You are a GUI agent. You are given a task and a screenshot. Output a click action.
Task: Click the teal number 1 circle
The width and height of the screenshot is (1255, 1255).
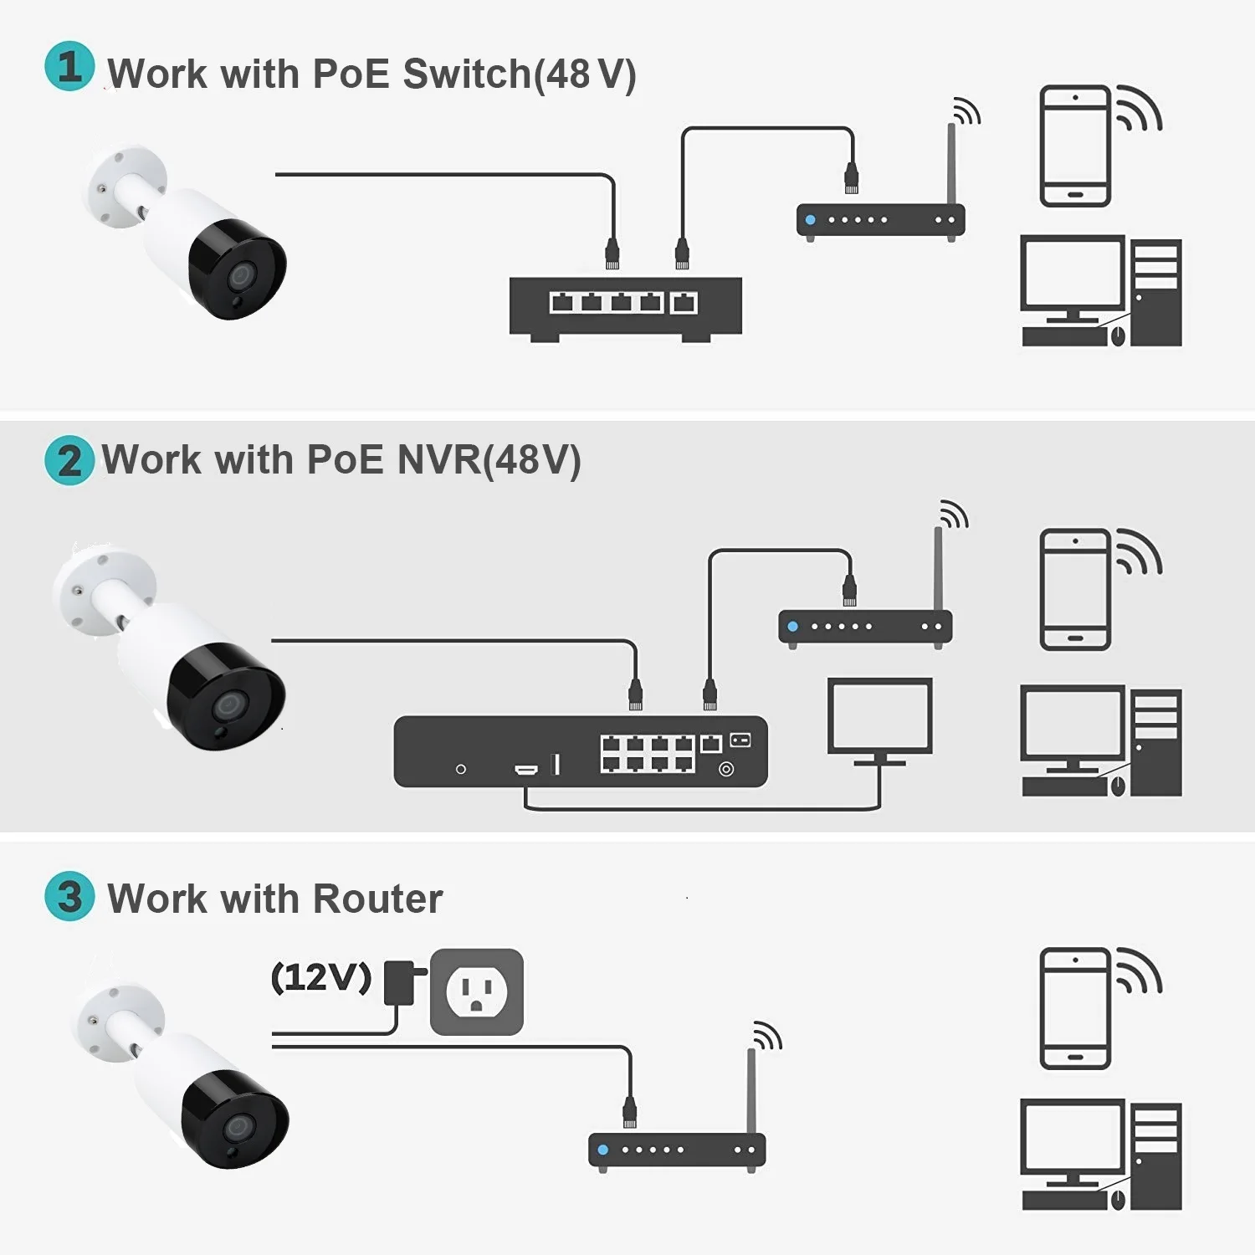click(69, 66)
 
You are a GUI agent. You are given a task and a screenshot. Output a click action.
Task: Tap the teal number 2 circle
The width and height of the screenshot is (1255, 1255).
click(69, 460)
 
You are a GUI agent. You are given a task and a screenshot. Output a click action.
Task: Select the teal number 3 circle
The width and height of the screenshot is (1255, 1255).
click(69, 896)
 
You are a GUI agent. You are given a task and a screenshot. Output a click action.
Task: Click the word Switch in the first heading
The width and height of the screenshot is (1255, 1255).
click(467, 74)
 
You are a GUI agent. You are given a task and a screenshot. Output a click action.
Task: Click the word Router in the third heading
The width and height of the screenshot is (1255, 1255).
click(377, 899)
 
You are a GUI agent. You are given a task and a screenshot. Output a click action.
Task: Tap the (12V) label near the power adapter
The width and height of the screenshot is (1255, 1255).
click(320, 977)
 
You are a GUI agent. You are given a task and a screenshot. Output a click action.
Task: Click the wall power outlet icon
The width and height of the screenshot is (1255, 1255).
click(476, 991)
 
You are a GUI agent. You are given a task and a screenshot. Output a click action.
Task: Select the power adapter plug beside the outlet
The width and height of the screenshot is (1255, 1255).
click(401, 982)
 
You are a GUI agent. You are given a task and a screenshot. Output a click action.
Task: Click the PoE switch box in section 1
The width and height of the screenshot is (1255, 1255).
click(625, 307)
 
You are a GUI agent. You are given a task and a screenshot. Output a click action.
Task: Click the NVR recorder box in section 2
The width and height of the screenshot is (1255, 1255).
click(580, 751)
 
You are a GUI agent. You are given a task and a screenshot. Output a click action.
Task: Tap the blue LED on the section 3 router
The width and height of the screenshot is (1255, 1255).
click(602, 1150)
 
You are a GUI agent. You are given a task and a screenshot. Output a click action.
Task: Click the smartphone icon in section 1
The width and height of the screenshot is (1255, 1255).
click(1075, 146)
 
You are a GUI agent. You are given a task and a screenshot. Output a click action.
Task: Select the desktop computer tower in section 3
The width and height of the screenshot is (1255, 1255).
click(1155, 1155)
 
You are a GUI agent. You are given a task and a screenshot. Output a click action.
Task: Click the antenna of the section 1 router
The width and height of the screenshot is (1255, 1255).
click(951, 163)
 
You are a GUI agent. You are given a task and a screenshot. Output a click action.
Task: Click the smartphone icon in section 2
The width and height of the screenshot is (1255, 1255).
click(1075, 589)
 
